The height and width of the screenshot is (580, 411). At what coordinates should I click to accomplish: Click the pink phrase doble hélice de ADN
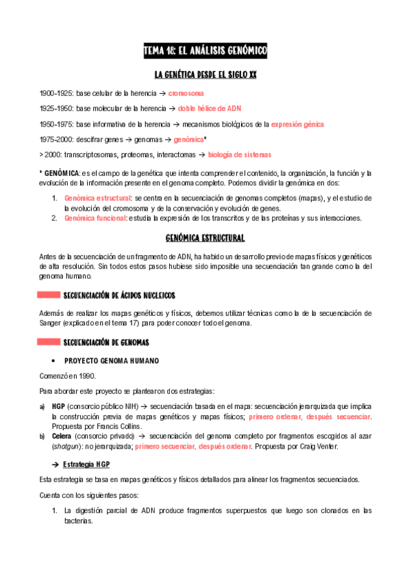[209, 108]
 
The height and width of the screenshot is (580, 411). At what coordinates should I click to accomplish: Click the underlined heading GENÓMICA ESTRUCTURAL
[206, 238]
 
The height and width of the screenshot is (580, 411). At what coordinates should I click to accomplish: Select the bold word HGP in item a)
[58, 406]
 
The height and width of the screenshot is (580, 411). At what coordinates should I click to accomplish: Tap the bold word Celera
[62, 435]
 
